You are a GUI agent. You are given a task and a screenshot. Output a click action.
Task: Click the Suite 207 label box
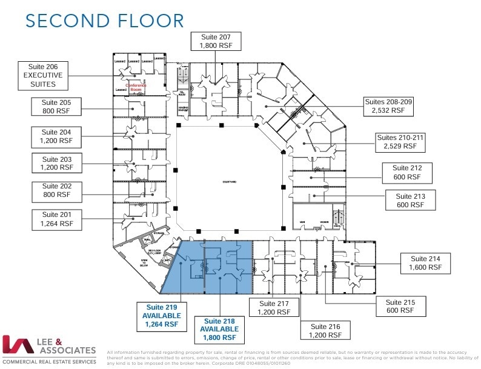coord(216,41)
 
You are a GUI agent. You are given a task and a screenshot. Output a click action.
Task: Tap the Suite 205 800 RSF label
coord(56,107)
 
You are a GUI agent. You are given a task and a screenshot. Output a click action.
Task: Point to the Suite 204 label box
coord(56,136)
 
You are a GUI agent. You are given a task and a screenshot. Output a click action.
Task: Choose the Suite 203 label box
coord(56,163)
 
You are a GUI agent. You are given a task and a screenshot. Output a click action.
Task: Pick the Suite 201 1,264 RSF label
coord(56,219)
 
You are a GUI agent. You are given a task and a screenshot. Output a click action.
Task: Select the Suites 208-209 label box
coord(388,106)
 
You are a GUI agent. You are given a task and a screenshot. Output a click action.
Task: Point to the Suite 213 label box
coord(411,201)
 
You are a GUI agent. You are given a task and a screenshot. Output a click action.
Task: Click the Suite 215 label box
coord(399,305)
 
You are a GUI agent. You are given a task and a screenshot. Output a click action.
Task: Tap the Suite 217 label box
coord(274,308)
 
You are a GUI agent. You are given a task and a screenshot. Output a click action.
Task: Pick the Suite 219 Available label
coord(161,316)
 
